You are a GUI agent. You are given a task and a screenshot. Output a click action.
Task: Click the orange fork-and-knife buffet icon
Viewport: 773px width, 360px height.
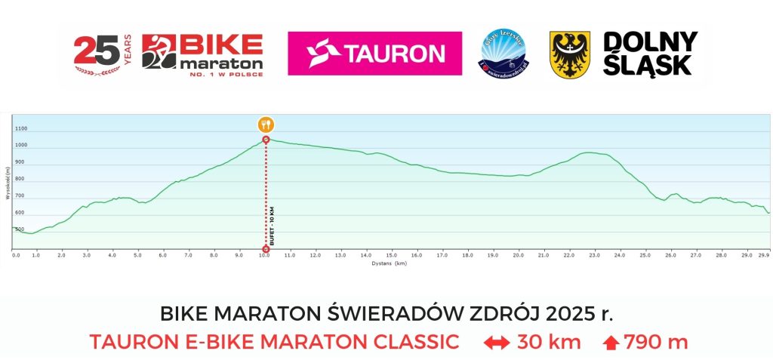click(x=265, y=125)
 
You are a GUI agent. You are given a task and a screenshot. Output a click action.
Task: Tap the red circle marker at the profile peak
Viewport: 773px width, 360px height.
click(x=266, y=140)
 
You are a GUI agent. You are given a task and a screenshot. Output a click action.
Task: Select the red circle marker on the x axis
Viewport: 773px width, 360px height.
click(x=266, y=249)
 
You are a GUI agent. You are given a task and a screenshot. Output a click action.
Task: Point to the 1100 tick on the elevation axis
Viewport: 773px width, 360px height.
click(x=20, y=129)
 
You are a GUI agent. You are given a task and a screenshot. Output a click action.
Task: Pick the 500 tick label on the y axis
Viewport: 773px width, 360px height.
click(x=20, y=229)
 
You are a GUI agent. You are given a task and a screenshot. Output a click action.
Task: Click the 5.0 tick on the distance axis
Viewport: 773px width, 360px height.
click(x=137, y=256)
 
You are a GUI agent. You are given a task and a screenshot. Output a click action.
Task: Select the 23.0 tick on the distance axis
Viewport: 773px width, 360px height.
click(x=595, y=256)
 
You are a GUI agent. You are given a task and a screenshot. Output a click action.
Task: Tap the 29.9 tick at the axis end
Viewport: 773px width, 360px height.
click(x=763, y=256)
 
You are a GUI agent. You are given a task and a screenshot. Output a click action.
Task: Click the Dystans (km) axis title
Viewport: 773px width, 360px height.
click(x=390, y=264)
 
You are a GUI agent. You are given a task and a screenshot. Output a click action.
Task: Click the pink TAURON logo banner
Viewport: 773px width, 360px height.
click(x=375, y=54)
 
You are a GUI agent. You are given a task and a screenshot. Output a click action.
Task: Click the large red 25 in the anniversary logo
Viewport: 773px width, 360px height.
click(x=96, y=51)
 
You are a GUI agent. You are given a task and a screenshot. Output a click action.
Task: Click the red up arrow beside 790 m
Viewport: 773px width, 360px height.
click(x=611, y=343)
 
